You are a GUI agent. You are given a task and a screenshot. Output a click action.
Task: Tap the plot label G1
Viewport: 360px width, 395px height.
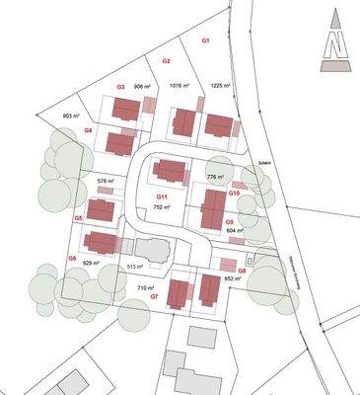(x=206, y=40)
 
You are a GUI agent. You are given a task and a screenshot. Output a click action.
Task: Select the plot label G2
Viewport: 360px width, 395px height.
(x=167, y=61)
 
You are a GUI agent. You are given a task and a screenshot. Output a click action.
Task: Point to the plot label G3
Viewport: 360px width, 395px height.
(x=120, y=87)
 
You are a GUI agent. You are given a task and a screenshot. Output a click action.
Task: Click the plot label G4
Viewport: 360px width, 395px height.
(x=88, y=129)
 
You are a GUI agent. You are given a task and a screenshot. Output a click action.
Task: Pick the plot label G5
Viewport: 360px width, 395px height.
(x=78, y=217)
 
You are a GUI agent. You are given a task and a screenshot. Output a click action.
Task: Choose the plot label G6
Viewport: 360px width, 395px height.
(x=72, y=257)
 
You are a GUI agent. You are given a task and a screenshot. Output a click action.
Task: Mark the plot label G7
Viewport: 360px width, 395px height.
(x=154, y=296)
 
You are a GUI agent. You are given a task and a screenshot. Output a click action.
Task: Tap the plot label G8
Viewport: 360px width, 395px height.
(x=242, y=270)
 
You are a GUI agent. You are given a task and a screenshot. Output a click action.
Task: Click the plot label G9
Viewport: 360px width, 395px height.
(x=229, y=222)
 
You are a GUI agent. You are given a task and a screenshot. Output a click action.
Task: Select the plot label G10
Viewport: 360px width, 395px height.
(x=235, y=193)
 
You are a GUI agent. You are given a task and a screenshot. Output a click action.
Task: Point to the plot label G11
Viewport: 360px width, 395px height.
(x=161, y=197)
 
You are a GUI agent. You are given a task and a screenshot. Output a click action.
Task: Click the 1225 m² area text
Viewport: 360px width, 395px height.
(x=220, y=86)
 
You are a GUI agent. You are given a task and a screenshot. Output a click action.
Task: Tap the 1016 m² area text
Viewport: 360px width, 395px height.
(x=179, y=86)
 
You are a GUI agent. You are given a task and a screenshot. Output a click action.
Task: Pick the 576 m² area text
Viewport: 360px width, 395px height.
(x=108, y=182)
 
